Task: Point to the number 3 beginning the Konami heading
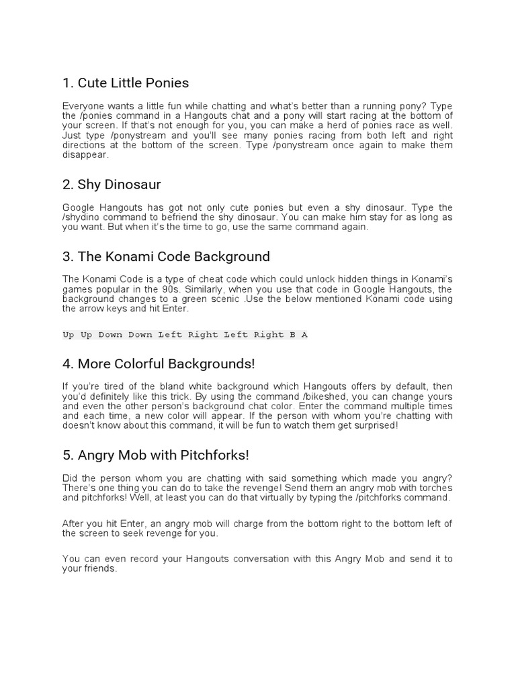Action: pos(66,256)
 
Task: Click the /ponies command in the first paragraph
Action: pos(100,116)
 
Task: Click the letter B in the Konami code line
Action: pos(293,335)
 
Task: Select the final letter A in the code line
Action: pos(304,335)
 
